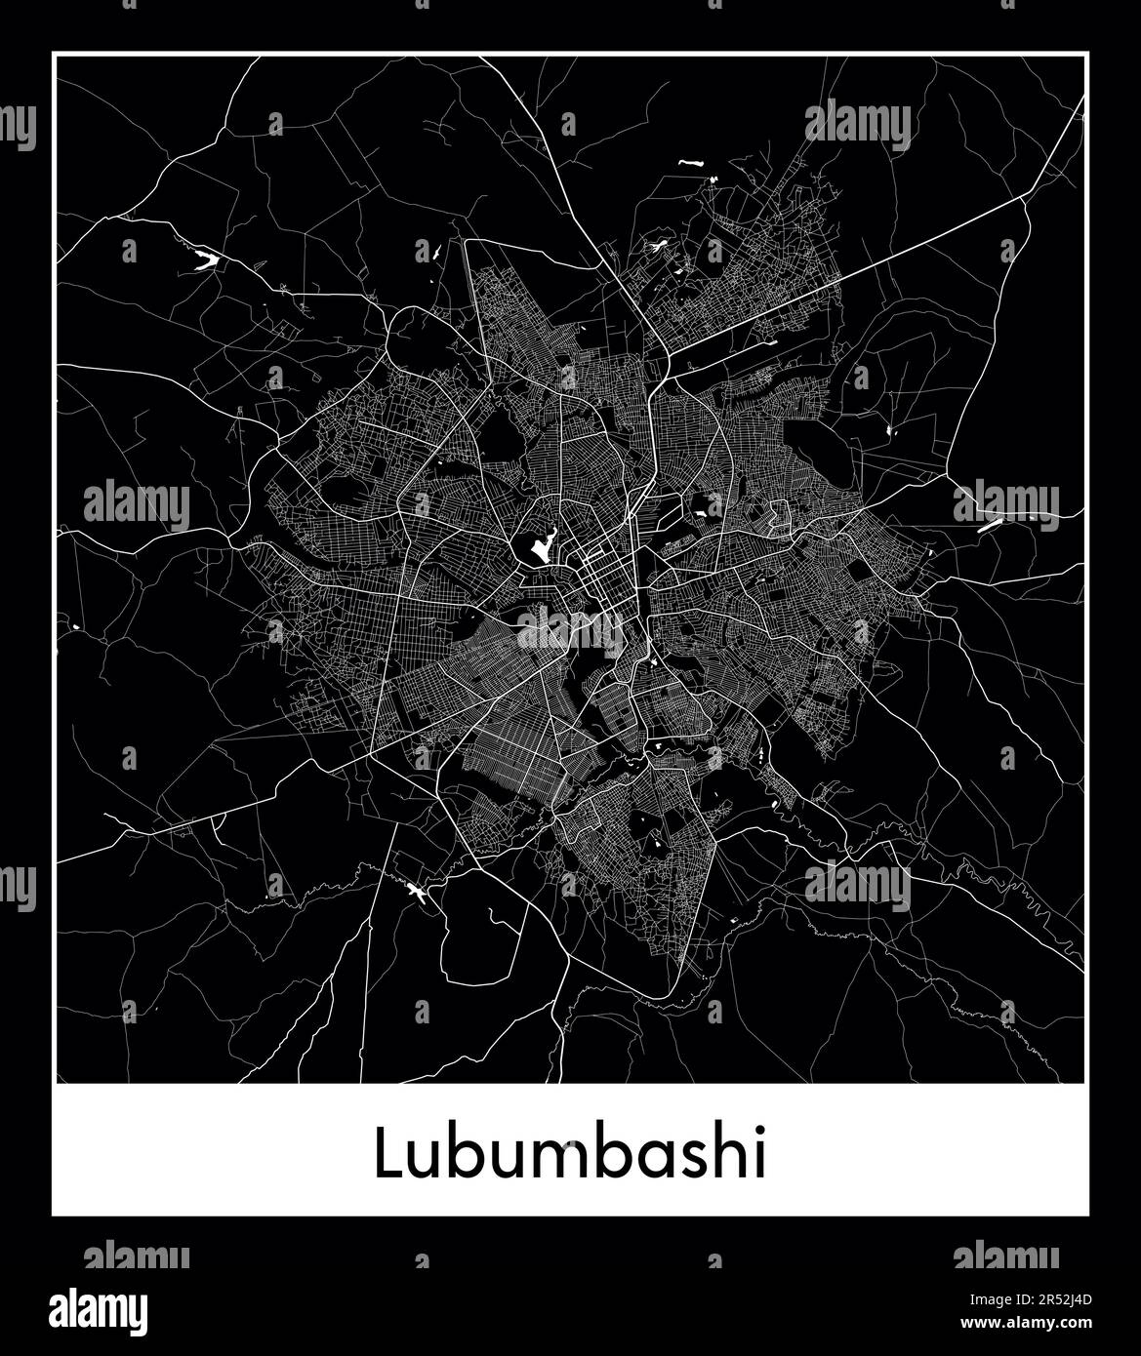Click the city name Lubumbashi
coord(570,1156)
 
